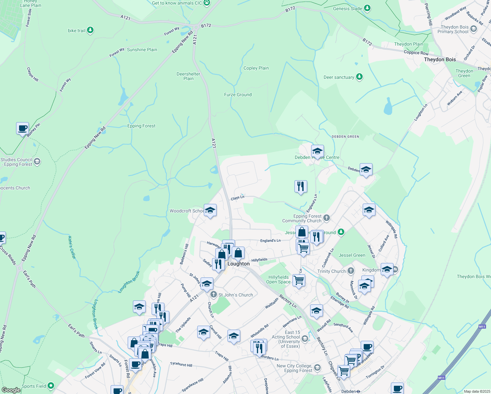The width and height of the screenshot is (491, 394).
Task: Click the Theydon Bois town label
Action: (440, 59)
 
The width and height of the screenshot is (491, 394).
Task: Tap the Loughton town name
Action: (239, 264)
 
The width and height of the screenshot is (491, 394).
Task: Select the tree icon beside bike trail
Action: (90, 31)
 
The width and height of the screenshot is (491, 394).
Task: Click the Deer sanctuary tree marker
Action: (359, 77)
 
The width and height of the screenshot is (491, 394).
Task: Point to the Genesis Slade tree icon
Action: (367, 8)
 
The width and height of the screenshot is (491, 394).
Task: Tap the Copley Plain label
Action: (256, 68)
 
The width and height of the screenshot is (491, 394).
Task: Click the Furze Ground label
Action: (238, 95)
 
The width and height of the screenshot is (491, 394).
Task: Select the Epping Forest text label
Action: (141, 126)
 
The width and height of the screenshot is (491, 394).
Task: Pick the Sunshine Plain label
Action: (142, 50)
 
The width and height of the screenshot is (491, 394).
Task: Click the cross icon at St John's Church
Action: (214, 295)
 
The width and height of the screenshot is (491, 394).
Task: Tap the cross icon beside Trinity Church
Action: (351, 271)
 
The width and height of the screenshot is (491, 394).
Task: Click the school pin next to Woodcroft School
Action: (210, 210)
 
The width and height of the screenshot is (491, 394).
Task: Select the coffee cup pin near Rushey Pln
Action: (22, 128)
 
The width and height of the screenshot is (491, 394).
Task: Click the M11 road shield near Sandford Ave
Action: (482, 326)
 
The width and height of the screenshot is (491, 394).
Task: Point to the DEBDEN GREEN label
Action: (345, 137)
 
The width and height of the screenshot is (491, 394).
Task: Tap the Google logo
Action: (11, 390)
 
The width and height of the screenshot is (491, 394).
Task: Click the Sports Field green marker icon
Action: (51, 386)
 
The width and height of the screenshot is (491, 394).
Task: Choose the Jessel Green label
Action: (352, 255)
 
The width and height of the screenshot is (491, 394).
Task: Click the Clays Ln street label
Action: (238, 198)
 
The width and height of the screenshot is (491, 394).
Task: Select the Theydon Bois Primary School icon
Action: (473, 29)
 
